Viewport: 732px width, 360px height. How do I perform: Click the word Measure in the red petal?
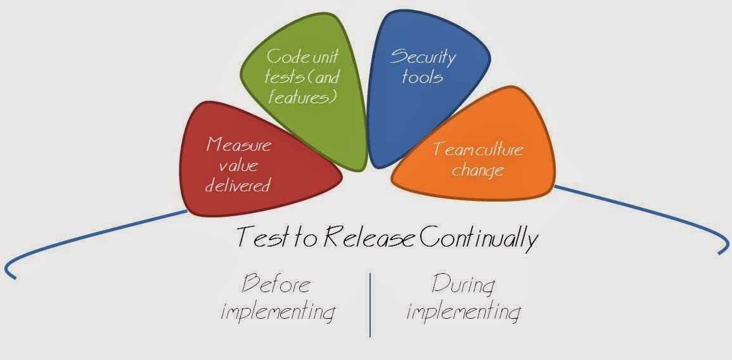tap(238, 145)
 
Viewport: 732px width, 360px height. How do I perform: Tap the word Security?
tap(423, 57)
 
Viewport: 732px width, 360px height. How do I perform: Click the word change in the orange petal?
tap(478, 170)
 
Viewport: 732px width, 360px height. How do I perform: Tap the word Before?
tap(277, 284)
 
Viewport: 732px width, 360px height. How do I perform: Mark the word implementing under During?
tap(464, 312)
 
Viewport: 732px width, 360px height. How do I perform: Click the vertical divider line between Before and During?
tap(370, 304)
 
